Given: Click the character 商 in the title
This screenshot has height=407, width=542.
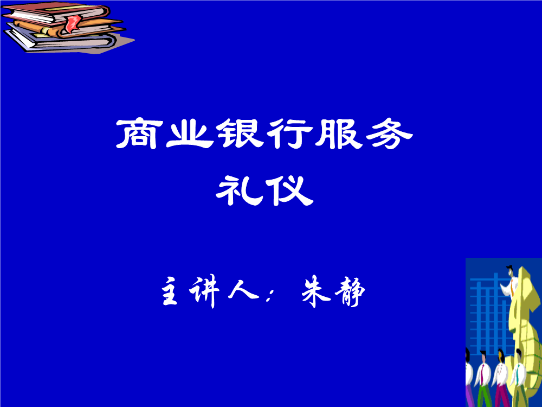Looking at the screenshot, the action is click(140, 134).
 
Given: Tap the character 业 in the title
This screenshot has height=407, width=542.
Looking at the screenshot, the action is click(189, 134).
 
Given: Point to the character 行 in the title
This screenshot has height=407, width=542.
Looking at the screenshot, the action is click(289, 134).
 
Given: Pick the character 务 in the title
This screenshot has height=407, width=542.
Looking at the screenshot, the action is click(389, 134).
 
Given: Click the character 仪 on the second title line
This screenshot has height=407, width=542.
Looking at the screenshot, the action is click(289, 190).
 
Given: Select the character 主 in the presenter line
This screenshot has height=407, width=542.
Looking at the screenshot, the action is click(170, 291).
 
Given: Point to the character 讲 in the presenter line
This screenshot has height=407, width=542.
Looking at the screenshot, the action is click(204, 291).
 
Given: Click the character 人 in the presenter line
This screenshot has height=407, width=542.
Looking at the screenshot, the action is click(243, 289).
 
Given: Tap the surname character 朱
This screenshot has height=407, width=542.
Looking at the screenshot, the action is click(316, 291).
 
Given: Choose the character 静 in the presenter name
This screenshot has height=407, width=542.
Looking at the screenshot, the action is click(350, 292).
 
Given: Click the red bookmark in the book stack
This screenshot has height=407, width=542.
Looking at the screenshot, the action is click(73, 23).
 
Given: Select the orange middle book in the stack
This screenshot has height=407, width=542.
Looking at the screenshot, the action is click(69, 28).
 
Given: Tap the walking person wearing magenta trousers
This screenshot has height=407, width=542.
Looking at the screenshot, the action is click(501, 378).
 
